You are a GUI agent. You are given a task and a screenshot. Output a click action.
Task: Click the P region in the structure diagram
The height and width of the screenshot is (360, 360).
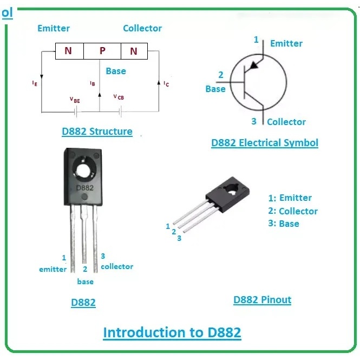[102, 51]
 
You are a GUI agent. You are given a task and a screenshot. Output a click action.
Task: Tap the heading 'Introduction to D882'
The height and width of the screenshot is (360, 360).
[172, 332]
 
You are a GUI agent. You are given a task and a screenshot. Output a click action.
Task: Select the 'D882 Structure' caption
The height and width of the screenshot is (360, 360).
[97, 132]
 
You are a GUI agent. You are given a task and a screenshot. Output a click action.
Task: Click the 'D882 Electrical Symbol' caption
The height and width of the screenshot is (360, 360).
[265, 143]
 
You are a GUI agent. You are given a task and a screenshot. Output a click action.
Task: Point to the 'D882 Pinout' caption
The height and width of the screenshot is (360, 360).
[262, 300]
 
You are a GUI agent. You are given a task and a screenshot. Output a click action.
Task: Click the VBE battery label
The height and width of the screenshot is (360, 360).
[75, 100]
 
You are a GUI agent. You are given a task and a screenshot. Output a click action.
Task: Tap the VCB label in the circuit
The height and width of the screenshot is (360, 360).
[119, 97]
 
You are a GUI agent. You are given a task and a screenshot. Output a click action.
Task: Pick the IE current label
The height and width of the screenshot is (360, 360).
[35, 83]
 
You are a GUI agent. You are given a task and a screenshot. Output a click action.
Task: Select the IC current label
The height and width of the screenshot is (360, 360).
[166, 84]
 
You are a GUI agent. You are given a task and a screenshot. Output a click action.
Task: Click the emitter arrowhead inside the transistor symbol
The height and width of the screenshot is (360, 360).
[253, 65]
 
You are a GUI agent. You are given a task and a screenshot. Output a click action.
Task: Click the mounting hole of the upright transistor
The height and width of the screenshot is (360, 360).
[83, 170]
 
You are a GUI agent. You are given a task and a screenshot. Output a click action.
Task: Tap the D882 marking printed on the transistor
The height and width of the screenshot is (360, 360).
[84, 188]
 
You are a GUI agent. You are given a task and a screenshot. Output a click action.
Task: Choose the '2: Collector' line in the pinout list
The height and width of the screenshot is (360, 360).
[293, 211]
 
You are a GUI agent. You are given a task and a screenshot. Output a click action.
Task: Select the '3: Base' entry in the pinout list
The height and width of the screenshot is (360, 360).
[284, 224]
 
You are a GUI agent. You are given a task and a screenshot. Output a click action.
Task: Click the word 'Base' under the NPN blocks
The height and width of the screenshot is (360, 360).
[116, 71]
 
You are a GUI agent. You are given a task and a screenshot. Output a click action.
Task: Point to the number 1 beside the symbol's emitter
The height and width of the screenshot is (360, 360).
[256, 40]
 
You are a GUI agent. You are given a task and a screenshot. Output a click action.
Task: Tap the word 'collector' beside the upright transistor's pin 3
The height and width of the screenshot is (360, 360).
[117, 266]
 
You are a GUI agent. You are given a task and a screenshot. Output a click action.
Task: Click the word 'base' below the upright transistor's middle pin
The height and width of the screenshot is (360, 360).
[85, 282]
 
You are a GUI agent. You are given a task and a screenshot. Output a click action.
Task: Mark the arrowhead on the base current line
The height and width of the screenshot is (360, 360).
[100, 95]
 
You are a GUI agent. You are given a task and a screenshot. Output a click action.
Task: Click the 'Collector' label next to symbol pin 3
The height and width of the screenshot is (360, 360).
[286, 122]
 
